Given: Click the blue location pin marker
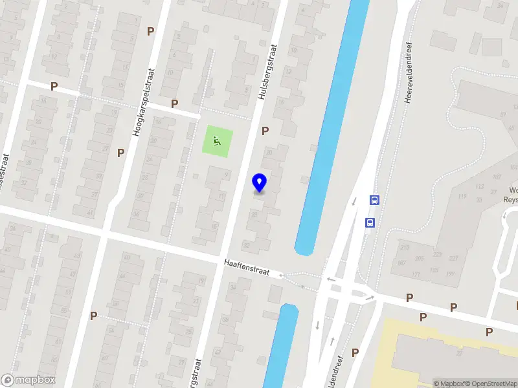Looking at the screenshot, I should (x=260, y=183).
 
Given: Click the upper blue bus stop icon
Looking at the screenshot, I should (x=374, y=200).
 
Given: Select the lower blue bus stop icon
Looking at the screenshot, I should (x=370, y=223).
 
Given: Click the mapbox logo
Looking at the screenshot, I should (x=28, y=380).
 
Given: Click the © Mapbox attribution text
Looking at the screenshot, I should (x=450, y=383).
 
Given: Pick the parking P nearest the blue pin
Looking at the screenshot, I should (x=265, y=131).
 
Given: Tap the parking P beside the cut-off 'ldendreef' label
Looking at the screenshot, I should (x=355, y=352).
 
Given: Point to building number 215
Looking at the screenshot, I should (x=404, y=248).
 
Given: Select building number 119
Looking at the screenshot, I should (x=462, y=196).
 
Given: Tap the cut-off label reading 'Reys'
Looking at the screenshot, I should (x=511, y=200).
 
